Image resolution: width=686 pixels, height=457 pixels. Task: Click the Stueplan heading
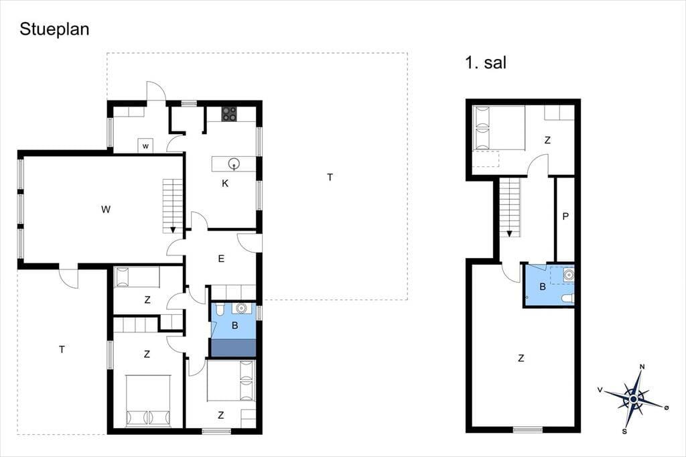(54, 29)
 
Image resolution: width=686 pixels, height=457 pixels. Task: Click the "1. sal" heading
(486, 62)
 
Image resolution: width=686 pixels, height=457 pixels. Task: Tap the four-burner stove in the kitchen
(229, 114)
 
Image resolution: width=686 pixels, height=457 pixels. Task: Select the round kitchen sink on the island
(234, 164)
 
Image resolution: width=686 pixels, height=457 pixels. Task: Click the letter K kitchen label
(225, 184)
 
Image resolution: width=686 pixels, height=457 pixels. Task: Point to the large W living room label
(105, 210)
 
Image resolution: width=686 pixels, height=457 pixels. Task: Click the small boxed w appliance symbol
(145, 146)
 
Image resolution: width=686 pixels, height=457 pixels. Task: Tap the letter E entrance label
(221, 259)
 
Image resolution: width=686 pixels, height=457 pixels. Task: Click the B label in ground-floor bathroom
(235, 326)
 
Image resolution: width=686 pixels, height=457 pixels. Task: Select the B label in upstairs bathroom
(543, 287)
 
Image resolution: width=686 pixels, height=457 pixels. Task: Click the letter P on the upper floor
(565, 216)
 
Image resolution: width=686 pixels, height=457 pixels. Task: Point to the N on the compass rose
(642, 367)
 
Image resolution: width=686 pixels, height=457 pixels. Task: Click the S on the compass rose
(624, 432)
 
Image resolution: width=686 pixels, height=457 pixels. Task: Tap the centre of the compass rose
(633, 399)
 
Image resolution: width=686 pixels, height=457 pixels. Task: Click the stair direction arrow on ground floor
(173, 229)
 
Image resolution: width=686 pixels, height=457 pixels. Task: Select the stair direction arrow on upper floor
(509, 234)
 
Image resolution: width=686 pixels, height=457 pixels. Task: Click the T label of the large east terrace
(330, 178)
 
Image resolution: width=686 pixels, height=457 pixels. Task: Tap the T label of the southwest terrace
(62, 349)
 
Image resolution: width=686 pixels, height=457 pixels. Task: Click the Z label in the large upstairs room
(521, 358)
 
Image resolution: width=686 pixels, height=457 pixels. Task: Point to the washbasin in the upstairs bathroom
(568, 275)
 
